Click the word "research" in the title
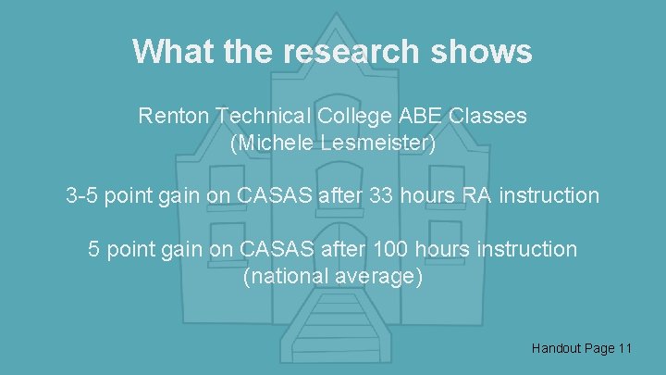pos(347,51)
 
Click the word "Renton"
pos(173,117)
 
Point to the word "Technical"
pos(260,117)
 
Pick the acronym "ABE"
pos(421,117)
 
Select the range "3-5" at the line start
pos(82,196)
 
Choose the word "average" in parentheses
pos(380,277)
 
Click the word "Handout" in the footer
pos(557,348)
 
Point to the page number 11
pos(624,348)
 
